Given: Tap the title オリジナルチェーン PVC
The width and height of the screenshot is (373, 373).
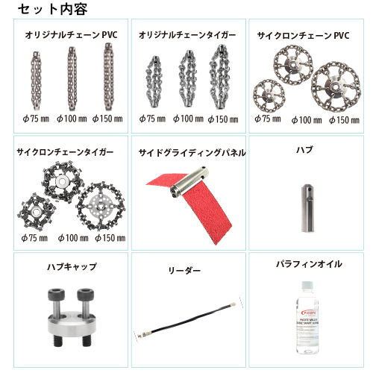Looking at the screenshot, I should coord(71,35).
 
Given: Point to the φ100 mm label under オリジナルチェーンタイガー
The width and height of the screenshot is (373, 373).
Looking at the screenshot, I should coord(188,118).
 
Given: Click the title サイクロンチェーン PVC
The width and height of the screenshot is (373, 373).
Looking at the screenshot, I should coord(303,35).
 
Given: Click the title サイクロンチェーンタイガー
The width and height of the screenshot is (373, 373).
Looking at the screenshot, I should coord(65,152).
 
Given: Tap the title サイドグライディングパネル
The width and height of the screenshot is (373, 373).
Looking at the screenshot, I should coord(192,153).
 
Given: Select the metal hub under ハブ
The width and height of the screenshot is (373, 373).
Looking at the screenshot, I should coord(305,197).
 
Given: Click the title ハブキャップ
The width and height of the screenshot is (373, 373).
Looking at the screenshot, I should coord(71,266).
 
